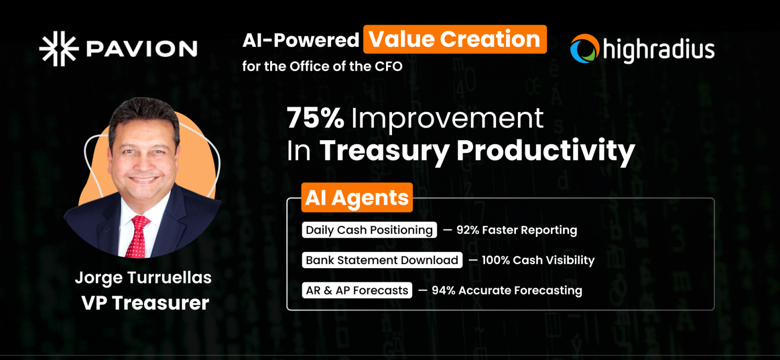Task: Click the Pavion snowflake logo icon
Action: (x=58, y=49)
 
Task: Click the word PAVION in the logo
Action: (x=141, y=49)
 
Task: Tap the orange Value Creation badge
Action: (x=454, y=40)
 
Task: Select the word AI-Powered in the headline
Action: (x=301, y=40)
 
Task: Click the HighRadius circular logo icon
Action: (x=584, y=49)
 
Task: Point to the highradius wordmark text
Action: (x=658, y=50)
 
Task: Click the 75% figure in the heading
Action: (x=315, y=118)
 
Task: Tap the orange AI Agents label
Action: (x=356, y=198)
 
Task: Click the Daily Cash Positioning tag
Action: (x=369, y=230)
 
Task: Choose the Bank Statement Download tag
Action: (x=382, y=260)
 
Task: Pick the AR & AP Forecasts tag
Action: (x=357, y=290)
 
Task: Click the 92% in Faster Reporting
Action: (x=467, y=230)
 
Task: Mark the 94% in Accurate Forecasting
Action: (x=442, y=290)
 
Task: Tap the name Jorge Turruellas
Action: (x=143, y=278)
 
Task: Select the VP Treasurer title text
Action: (x=145, y=303)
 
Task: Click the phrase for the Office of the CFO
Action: (x=322, y=67)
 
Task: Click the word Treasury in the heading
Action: (x=384, y=150)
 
